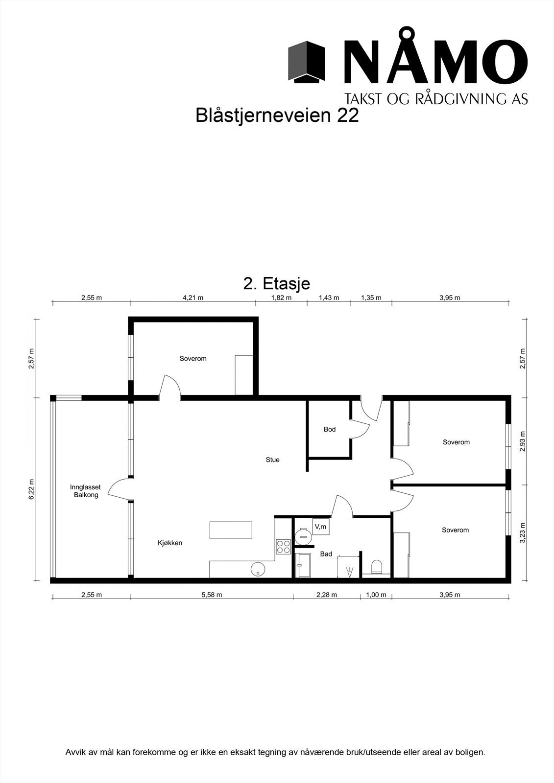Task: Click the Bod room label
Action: (x=330, y=429)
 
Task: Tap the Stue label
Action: (x=272, y=460)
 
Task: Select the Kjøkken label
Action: (x=170, y=543)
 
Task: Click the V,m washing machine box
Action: (x=321, y=527)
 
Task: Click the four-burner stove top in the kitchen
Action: (x=283, y=546)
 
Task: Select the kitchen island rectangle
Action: (x=231, y=530)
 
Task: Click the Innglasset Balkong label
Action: (x=85, y=491)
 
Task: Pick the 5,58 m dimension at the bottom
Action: (x=212, y=595)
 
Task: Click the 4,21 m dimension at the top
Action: (x=193, y=298)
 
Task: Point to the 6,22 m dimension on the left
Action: (x=31, y=489)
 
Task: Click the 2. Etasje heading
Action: (x=277, y=283)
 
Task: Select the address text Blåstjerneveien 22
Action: (x=277, y=115)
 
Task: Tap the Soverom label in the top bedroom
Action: (x=193, y=359)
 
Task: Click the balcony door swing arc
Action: (x=118, y=488)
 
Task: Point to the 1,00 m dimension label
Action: (x=376, y=595)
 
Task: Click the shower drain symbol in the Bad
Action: (x=350, y=571)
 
